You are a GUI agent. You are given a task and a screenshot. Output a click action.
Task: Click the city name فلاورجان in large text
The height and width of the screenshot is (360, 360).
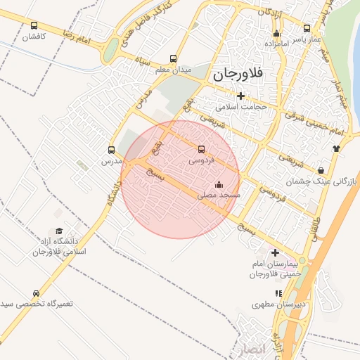tap(238, 72)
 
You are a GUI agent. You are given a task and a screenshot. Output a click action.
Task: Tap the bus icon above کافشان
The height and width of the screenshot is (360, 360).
tap(34, 26)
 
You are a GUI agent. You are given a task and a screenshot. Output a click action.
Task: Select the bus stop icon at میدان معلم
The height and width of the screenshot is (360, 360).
tap(174, 59)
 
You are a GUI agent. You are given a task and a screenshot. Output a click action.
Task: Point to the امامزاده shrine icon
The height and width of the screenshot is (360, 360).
tap(276, 33)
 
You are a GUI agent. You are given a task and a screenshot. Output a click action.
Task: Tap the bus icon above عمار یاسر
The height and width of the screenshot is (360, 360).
tap(307, 29)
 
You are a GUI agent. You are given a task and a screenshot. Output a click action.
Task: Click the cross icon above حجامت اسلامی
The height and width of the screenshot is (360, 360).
tap(241, 96)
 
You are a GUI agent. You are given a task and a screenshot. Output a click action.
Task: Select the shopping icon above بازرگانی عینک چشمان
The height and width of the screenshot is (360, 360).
tap(321, 170)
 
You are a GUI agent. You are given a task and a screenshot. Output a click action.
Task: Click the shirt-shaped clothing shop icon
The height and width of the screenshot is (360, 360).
tap(336, 148)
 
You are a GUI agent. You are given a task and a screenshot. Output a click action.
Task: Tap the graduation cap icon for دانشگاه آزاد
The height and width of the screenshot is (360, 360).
tap(59, 231)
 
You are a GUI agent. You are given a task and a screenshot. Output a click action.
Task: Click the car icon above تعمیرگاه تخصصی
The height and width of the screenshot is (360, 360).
tap(36, 293)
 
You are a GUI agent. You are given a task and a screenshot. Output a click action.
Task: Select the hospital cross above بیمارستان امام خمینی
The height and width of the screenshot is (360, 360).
tap(275, 252)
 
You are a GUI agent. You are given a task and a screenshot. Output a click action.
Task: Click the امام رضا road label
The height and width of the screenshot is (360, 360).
tap(77, 37)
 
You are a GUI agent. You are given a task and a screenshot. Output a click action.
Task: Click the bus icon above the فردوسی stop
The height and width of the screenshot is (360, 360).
tap(202, 149)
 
